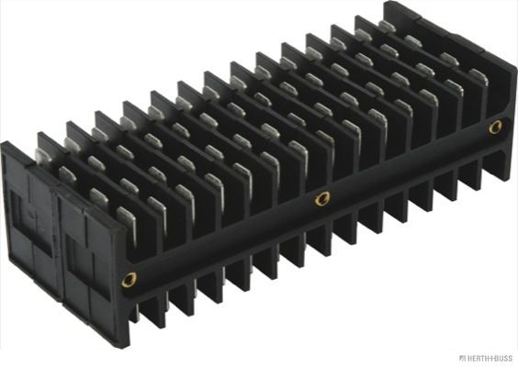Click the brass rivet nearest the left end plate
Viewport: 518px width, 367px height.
pos(129,280)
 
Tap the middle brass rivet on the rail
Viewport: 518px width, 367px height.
pos(321,198)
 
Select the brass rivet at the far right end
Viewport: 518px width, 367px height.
pos(495,128)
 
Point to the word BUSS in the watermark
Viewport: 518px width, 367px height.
pos(501,358)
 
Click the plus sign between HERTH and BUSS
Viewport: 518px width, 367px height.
pos(489,358)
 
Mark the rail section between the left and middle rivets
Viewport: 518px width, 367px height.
pos(225,240)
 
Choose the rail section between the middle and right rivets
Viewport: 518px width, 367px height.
pos(409,163)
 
